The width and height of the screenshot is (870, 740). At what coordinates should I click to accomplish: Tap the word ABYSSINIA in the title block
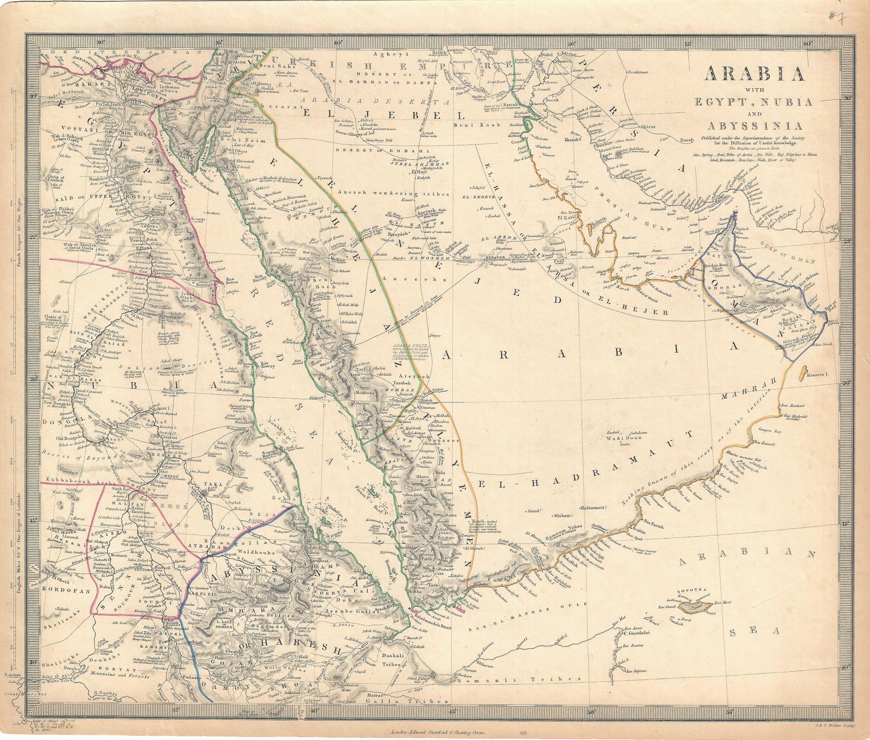pyautogui.click(x=753, y=125)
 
